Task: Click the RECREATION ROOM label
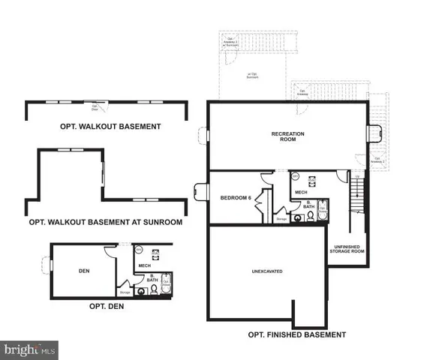coord(286,137)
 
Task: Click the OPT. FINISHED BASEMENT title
coord(296,334)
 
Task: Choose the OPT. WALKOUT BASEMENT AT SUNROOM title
coord(105,222)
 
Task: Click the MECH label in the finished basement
coord(301,192)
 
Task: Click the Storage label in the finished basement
coord(281,220)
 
